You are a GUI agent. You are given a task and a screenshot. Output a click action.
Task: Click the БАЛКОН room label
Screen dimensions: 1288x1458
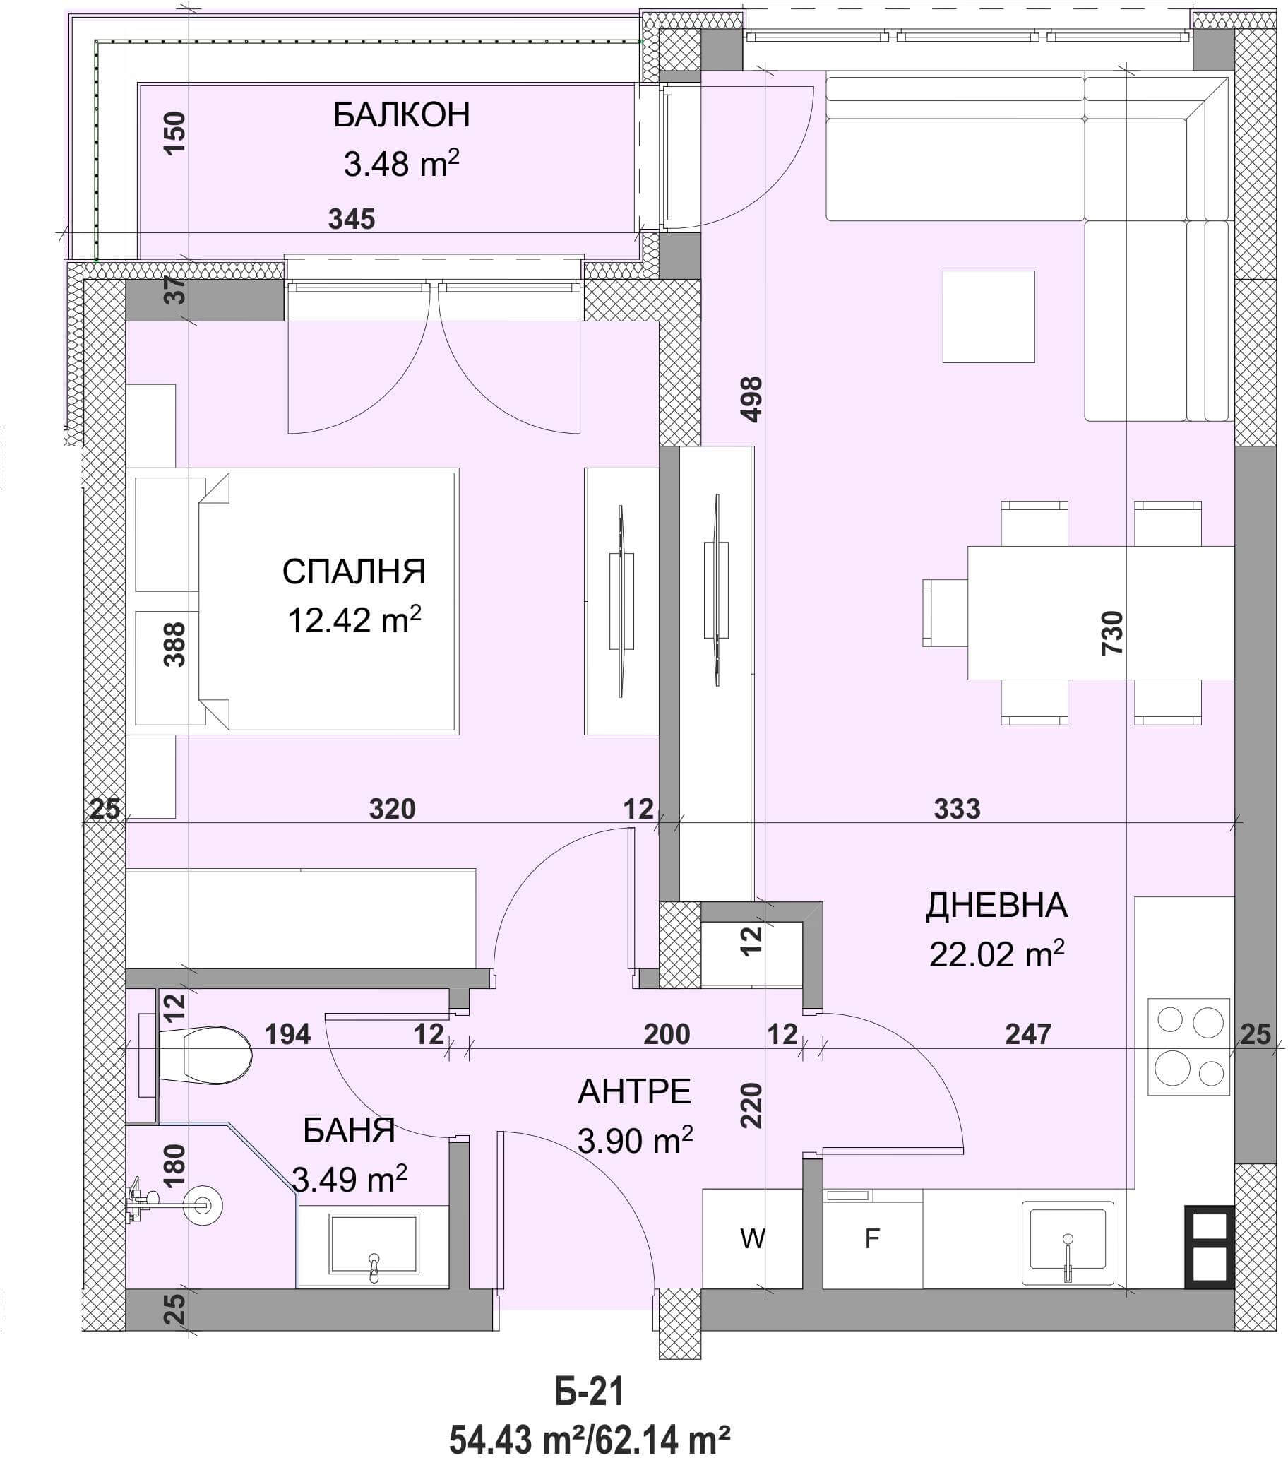[402, 116]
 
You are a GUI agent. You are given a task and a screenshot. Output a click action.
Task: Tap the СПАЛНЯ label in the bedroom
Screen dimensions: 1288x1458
[354, 572]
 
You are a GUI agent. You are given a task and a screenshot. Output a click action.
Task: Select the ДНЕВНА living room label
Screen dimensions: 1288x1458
[996, 905]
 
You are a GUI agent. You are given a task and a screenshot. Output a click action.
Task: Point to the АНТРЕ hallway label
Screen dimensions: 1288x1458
[634, 1092]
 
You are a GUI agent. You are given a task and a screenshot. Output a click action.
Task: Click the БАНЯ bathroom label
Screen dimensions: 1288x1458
[349, 1131]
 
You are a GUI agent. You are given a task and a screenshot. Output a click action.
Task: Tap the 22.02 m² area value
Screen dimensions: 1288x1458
[996, 953]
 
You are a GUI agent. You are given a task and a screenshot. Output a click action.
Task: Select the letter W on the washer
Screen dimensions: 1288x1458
[753, 1239]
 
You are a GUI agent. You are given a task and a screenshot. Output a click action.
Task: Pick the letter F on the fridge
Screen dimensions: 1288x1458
[871, 1239]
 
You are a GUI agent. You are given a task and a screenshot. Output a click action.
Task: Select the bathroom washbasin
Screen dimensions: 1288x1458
[373, 1247]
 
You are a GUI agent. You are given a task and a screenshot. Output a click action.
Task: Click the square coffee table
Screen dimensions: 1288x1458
[989, 316]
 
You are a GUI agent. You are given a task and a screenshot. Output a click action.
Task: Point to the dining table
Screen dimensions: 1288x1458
[1100, 612]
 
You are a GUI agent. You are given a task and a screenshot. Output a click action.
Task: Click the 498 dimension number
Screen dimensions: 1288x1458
[753, 399]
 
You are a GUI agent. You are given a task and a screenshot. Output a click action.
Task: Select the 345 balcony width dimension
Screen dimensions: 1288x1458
[352, 219]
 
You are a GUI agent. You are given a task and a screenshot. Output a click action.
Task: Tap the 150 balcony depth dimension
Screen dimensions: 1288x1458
[174, 133]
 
